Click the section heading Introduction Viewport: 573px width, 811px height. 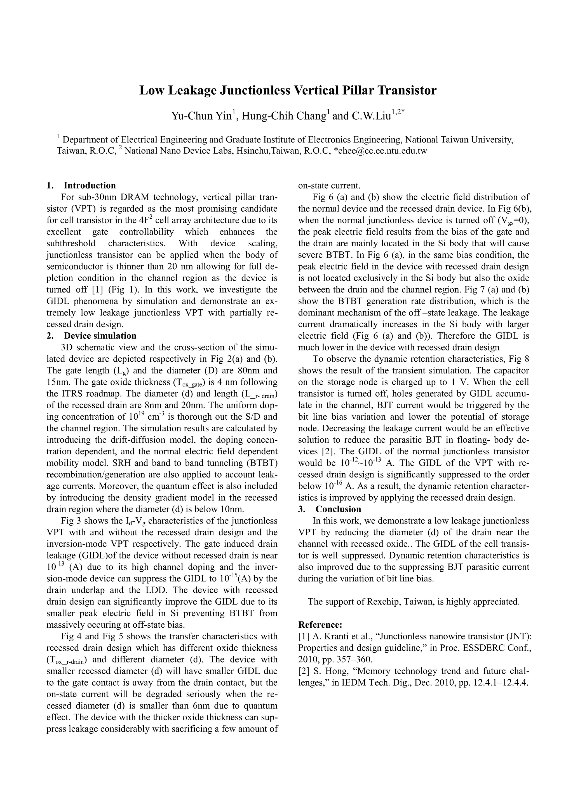pyautogui.click(x=90, y=185)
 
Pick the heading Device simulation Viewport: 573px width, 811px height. pyautogui.click(x=100, y=336)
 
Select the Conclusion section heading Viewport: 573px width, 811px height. pyautogui.click(x=338, y=509)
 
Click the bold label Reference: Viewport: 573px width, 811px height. pyautogui.click(x=320, y=625)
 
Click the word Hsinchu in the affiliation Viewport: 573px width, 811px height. pyautogui.click(x=252, y=151)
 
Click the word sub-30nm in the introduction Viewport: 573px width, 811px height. pyautogui.click(x=97, y=197)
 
